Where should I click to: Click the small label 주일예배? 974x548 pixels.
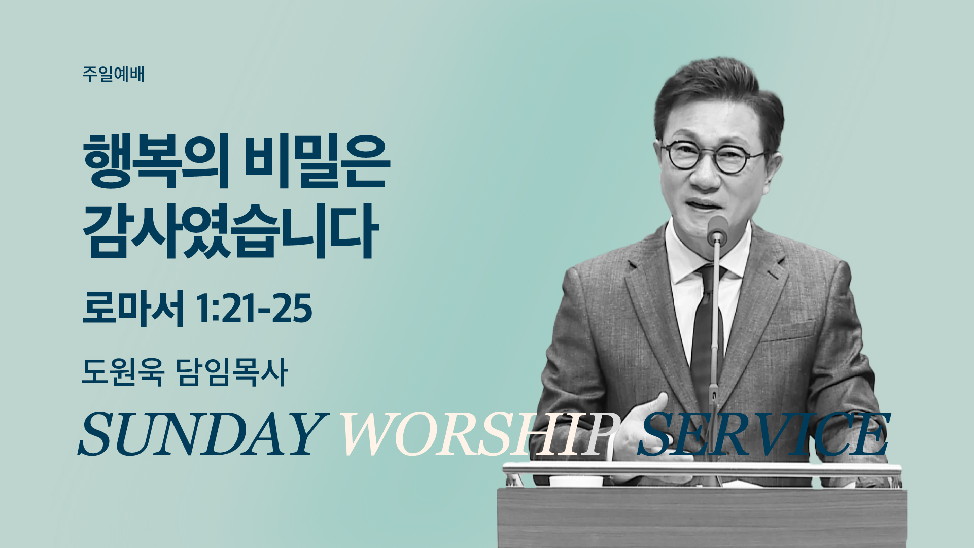pos(113,74)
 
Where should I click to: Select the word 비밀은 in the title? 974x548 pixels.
pos(317,161)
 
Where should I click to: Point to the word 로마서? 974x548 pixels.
pos(133,309)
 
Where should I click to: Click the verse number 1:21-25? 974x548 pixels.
pos(254,309)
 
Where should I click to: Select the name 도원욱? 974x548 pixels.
pos(123,372)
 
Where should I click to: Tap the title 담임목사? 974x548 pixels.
pos(232,372)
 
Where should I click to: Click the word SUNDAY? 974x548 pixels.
pos(200,433)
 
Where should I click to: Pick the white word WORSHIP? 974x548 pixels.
pos(479,433)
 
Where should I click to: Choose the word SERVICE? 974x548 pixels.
pos(763,433)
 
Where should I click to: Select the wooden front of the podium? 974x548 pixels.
pos(702,518)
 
